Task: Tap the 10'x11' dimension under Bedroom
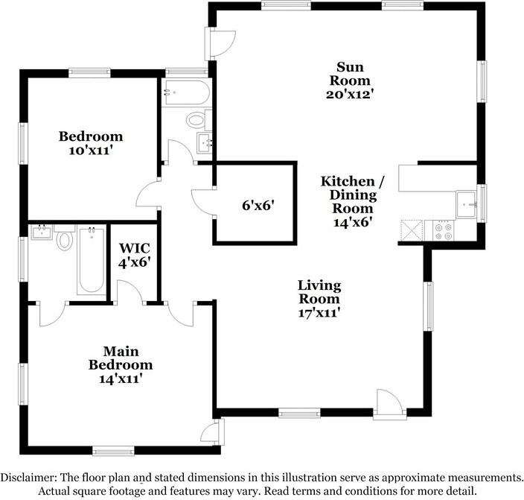coord(90,151)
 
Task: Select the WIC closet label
coord(135,248)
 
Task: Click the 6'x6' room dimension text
coord(258,205)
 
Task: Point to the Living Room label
coord(319,292)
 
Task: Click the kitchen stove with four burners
coord(444,231)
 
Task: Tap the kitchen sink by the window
coord(467,204)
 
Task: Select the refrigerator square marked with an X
coord(412,230)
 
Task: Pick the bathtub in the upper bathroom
coord(186,92)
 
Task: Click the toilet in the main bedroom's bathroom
coord(65,238)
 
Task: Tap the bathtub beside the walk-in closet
coord(92,260)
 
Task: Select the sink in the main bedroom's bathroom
coord(42,232)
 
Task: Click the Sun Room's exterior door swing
coord(223,42)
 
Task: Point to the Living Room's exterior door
coord(390,404)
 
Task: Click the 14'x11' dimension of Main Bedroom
coord(121,379)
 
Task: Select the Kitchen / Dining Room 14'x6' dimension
coord(353,222)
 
